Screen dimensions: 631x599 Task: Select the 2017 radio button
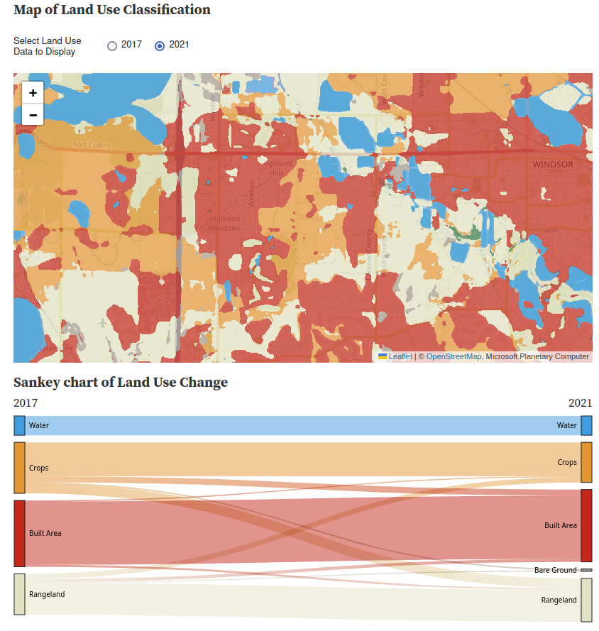point(112,46)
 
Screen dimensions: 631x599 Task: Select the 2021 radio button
point(160,46)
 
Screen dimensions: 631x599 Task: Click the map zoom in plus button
point(33,93)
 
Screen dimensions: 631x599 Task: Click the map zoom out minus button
point(33,114)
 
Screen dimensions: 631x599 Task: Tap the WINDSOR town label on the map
point(552,165)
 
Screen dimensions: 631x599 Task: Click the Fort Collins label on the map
point(92,146)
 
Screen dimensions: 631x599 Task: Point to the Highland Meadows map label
point(224,223)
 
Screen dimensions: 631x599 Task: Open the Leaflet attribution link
point(400,356)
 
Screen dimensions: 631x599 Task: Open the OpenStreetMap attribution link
point(454,356)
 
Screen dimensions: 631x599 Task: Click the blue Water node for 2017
point(19,426)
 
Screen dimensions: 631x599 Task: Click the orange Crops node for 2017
point(19,468)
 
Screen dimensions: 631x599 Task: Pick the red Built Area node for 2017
point(19,533)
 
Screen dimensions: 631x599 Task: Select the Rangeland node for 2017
point(19,594)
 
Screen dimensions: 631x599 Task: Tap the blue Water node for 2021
point(586,426)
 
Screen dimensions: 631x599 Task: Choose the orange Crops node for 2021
point(586,462)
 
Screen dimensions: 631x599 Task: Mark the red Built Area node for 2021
point(586,525)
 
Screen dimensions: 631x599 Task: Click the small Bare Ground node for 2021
point(586,570)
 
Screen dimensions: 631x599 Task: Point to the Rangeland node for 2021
point(586,600)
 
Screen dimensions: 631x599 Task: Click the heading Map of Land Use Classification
point(112,10)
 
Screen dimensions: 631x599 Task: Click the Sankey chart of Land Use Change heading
point(121,383)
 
